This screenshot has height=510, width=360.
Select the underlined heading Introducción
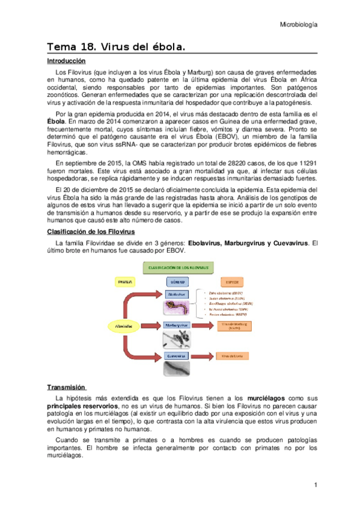pyautogui.click(x=67, y=61)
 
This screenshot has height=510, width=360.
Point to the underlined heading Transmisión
pyautogui.click(x=67, y=387)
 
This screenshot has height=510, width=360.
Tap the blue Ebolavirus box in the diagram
pyautogui.click(x=177, y=294)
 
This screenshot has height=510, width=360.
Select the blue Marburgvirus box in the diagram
pyautogui.click(x=177, y=325)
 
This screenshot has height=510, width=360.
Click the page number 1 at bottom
pyautogui.click(x=315, y=485)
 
